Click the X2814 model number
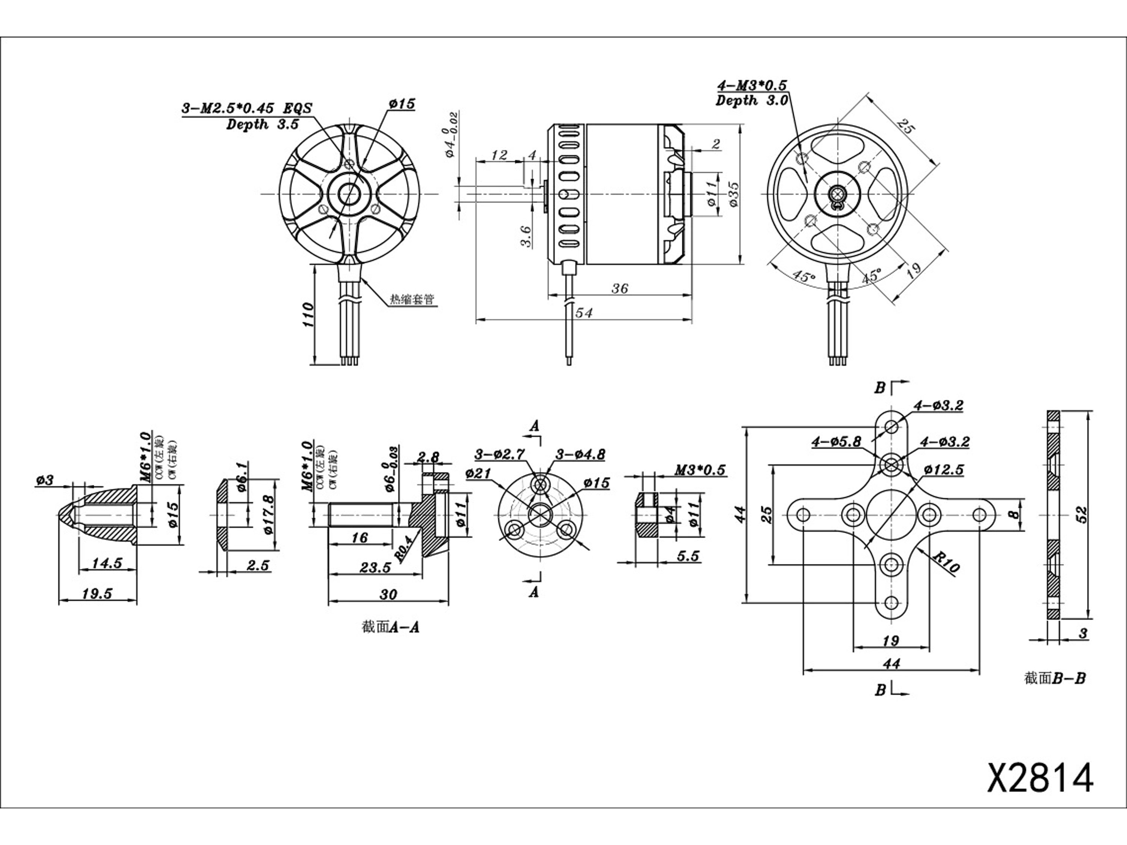point(1040,791)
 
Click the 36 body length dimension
point(619,288)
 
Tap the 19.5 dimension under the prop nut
point(97,593)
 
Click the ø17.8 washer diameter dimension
point(270,516)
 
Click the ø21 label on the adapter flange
point(477,474)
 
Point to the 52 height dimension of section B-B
point(1081,516)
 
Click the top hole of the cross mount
point(891,426)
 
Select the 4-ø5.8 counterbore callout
point(836,442)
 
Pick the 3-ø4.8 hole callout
point(580,454)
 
